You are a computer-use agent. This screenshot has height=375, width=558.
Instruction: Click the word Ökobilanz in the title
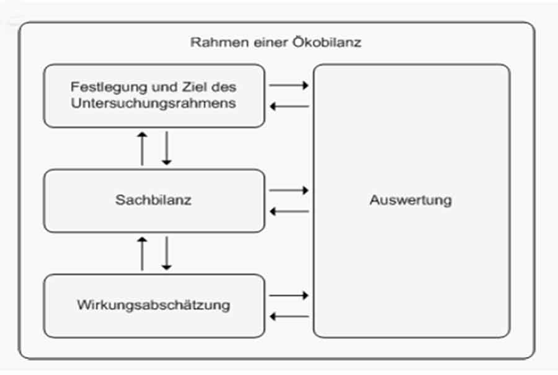[327, 42]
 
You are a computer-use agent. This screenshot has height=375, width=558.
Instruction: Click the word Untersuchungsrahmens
[153, 103]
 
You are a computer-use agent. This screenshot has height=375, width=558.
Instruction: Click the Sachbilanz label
[153, 200]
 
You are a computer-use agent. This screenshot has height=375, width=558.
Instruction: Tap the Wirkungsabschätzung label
[153, 305]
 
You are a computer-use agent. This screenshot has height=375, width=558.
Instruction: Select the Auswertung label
[410, 200]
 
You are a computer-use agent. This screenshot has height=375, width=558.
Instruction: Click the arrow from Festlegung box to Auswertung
[288, 86]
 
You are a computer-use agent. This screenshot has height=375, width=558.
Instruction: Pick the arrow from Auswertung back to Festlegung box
[290, 107]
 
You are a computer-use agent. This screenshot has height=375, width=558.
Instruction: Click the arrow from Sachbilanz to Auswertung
[288, 190]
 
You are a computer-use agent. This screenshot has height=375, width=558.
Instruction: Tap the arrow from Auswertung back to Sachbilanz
[290, 212]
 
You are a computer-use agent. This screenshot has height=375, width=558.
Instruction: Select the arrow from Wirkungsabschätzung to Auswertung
[288, 295]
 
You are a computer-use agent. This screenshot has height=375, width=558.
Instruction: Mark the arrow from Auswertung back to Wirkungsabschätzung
[290, 316]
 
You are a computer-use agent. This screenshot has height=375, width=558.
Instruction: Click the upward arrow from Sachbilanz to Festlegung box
[143, 149]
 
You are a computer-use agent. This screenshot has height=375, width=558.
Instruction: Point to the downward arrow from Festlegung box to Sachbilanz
[167, 148]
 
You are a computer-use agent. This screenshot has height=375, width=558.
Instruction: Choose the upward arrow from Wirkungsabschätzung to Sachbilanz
[143, 254]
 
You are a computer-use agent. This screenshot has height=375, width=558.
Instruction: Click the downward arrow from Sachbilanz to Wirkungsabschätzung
[167, 254]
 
